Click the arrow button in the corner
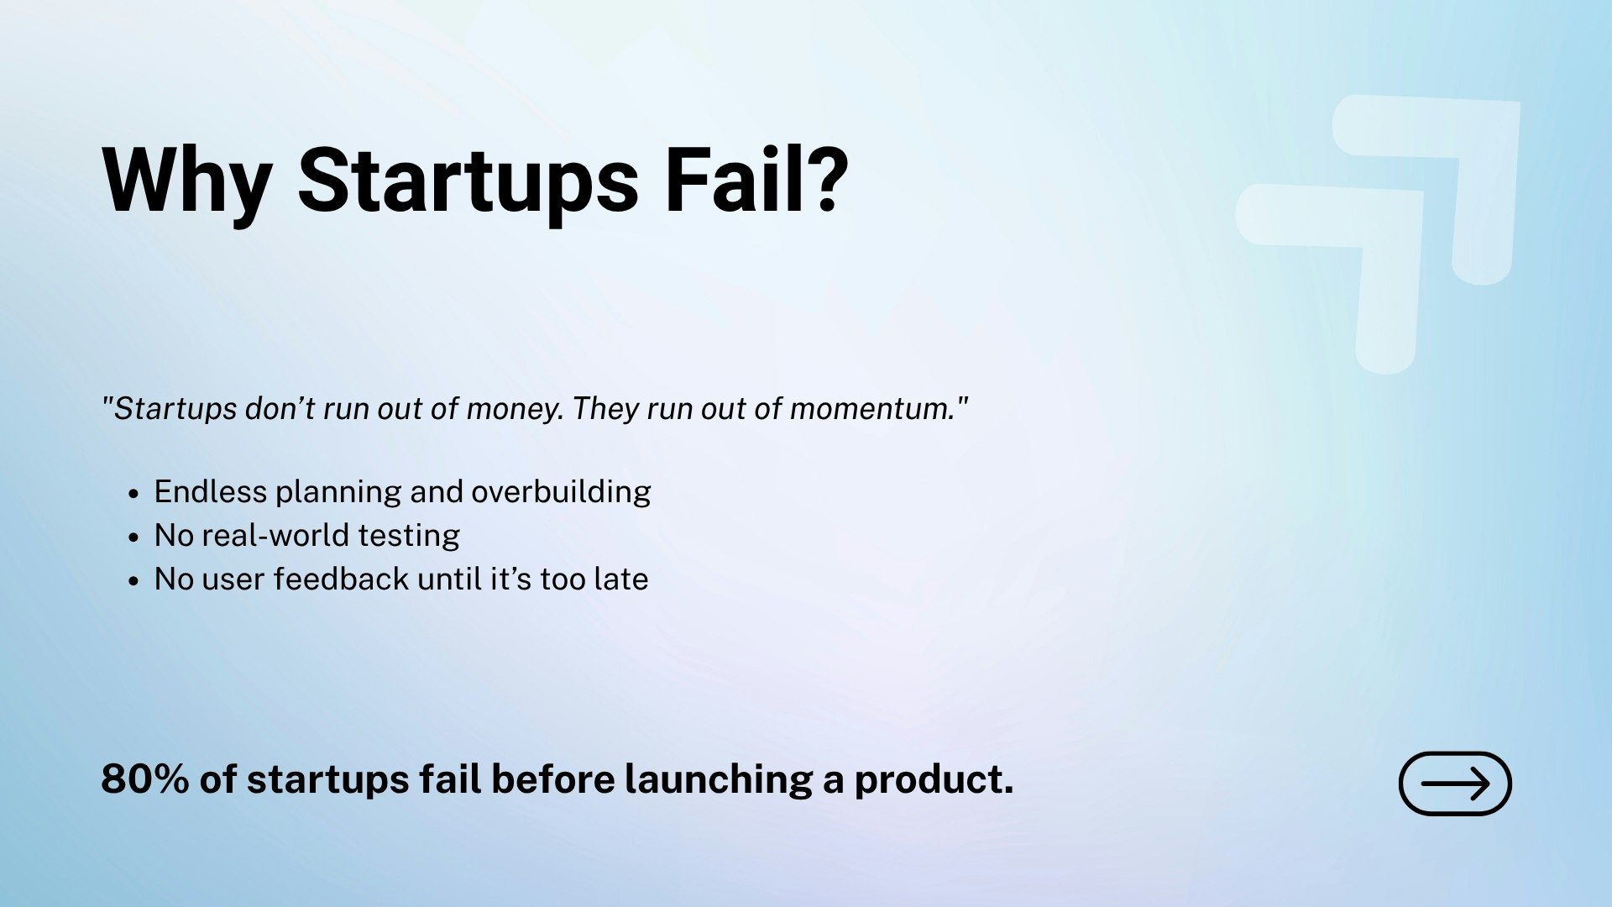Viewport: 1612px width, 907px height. [1455, 784]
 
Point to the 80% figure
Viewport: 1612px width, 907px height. [144, 779]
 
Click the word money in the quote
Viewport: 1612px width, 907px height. [514, 410]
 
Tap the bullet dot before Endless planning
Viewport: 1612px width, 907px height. [133, 494]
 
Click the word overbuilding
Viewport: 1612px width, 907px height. [561, 492]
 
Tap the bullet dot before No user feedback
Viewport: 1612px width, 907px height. [133, 581]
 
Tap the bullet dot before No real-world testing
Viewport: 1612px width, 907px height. [133, 537]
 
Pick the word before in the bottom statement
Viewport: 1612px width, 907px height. [553, 779]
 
